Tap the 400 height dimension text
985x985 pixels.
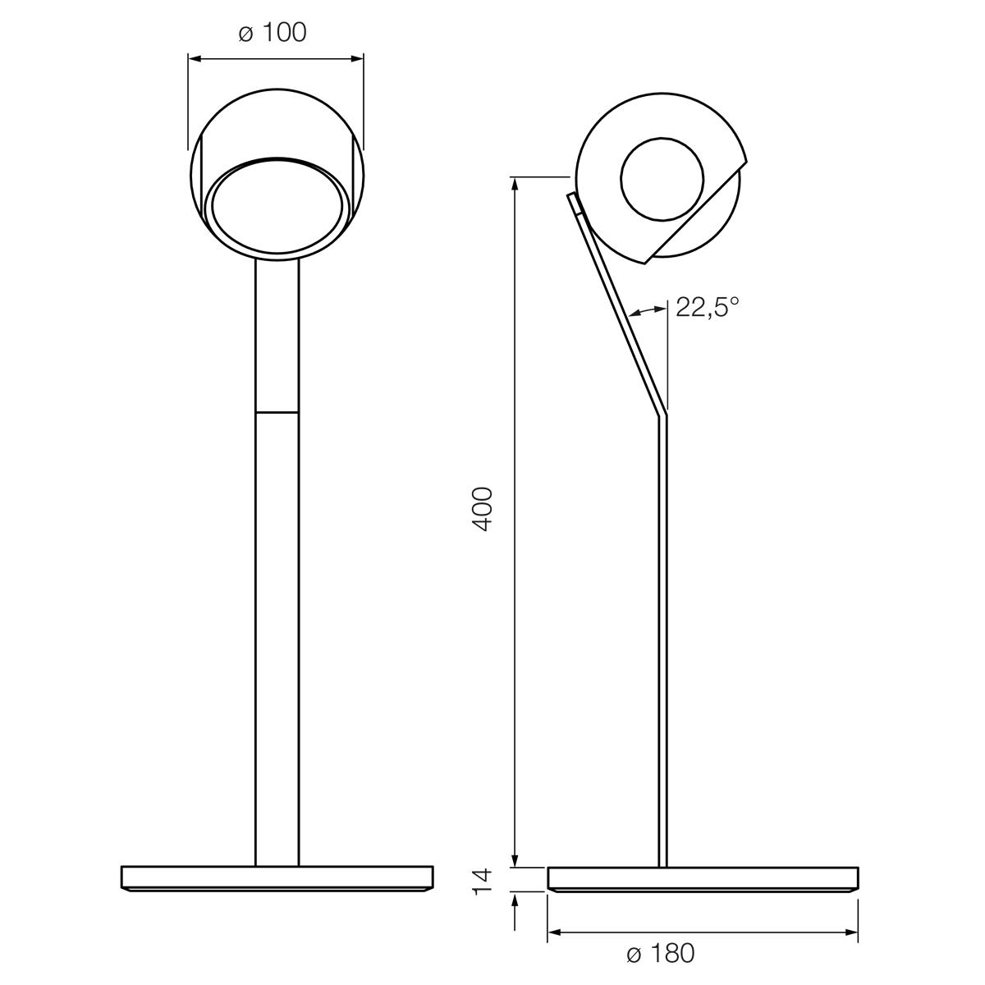pyautogui.click(x=483, y=509)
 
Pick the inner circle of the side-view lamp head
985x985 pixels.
pyautogui.click(x=662, y=179)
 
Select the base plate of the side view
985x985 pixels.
pyautogui.click(x=703, y=878)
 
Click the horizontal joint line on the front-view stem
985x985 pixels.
pyautogui.click(x=277, y=411)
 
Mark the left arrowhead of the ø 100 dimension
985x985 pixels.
pyautogui.click(x=194, y=58)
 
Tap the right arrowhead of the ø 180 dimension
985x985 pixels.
pyautogui.click(x=853, y=932)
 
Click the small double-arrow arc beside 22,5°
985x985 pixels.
pyautogui.click(x=648, y=310)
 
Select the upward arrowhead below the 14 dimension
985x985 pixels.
pyautogui.click(x=515, y=900)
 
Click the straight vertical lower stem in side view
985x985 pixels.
pyautogui.click(x=662, y=640)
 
